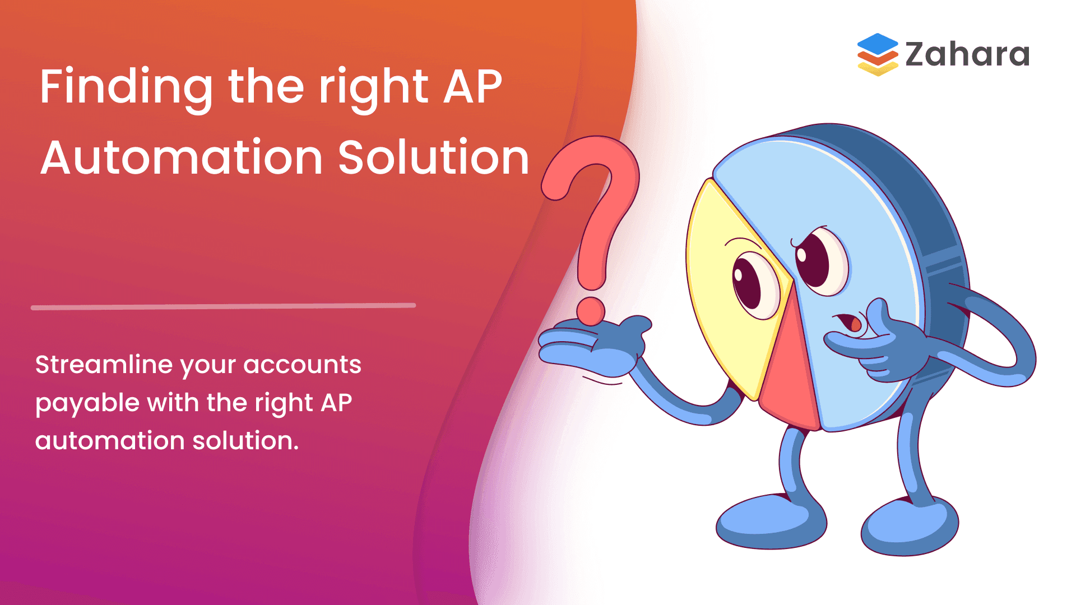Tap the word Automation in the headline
click(182, 158)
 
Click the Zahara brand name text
click(967, 54)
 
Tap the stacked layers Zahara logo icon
click(878, 54)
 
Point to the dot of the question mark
click(591, 311)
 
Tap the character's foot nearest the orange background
click(771, 521)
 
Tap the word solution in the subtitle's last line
click(245, 441)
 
